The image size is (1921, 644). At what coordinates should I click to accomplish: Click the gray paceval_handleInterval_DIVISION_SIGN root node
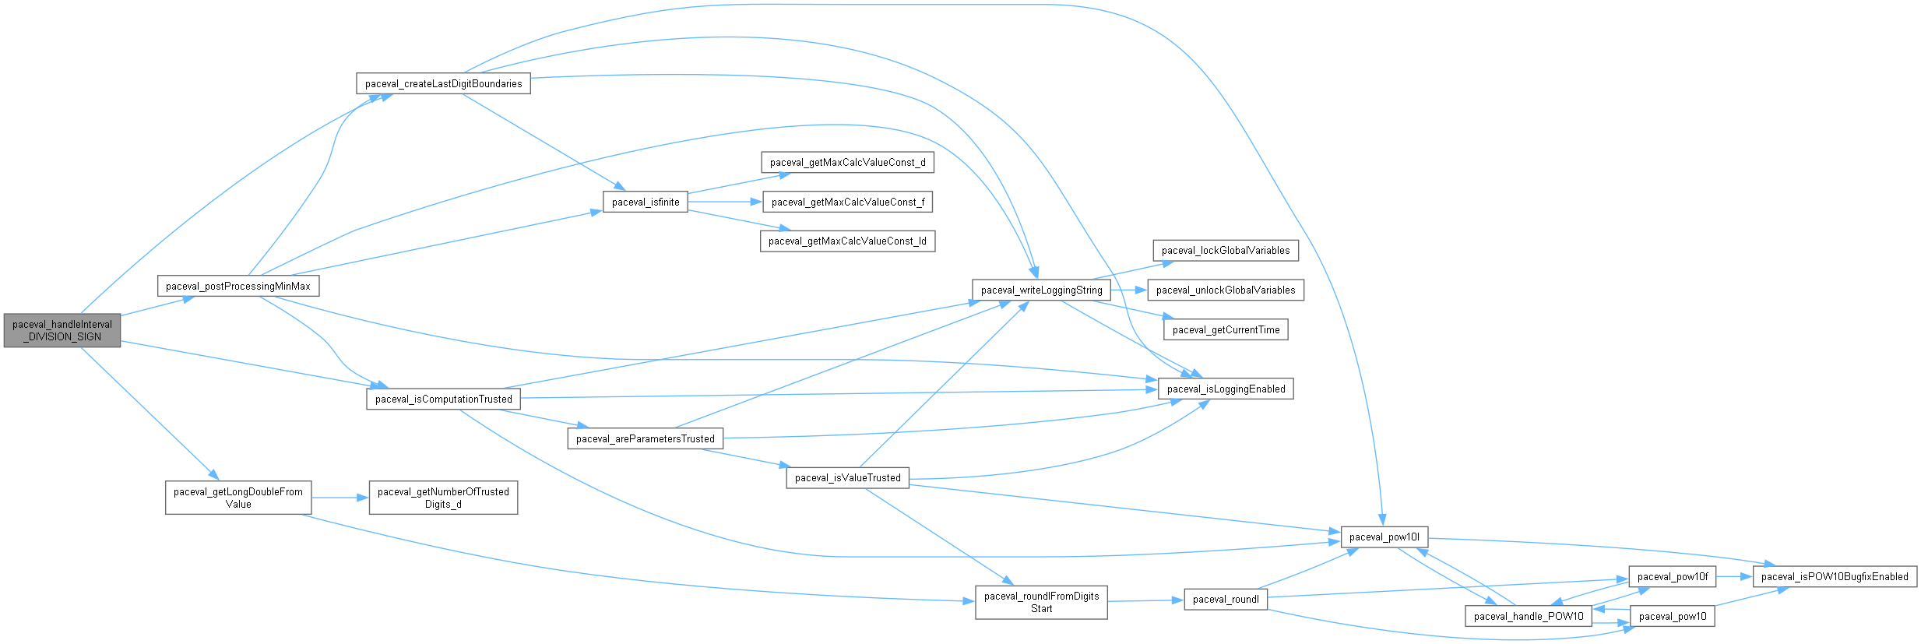[62, 331]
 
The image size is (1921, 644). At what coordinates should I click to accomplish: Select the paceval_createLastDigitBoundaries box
[443, 84]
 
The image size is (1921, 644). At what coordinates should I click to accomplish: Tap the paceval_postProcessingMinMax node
[238, 287]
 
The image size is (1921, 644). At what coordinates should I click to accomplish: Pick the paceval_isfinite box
[646, 202]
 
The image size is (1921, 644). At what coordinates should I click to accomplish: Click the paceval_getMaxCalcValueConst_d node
[847, 163]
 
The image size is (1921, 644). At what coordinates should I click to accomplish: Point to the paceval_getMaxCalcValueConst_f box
[848, 202]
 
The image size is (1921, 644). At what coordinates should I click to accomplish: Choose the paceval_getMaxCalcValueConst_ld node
[847, 241]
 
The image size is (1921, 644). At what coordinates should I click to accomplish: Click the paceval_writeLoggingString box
[1041, 290]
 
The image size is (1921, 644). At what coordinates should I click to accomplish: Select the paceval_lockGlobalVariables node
[1226, 251]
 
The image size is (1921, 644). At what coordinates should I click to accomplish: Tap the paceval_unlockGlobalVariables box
[1226, 290]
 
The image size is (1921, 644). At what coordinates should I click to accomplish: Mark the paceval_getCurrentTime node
[1226, 330]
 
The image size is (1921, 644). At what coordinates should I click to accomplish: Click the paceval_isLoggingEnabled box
[1226, 389]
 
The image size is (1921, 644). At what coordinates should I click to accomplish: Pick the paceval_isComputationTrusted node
[443, 399]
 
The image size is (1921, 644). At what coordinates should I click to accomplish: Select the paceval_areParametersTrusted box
[645, 439]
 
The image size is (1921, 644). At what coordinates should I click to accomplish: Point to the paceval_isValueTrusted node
[847, 478]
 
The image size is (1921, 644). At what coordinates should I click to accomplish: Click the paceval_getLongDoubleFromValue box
[238, 498]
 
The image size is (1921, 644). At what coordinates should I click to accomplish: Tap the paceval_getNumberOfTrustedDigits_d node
[443, 498]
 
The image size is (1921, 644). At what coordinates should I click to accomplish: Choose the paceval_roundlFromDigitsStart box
[1041, 603]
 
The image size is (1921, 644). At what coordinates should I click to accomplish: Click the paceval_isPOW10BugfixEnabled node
[1834, 577]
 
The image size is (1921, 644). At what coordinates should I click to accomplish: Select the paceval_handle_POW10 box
[1529, 617]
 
